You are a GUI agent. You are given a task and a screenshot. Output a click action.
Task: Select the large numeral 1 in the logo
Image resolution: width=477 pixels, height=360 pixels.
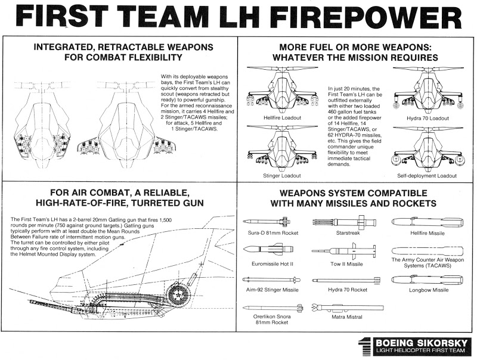(364, 345)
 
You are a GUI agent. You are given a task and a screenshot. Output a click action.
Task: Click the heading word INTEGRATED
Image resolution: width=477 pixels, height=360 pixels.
(63, 48)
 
